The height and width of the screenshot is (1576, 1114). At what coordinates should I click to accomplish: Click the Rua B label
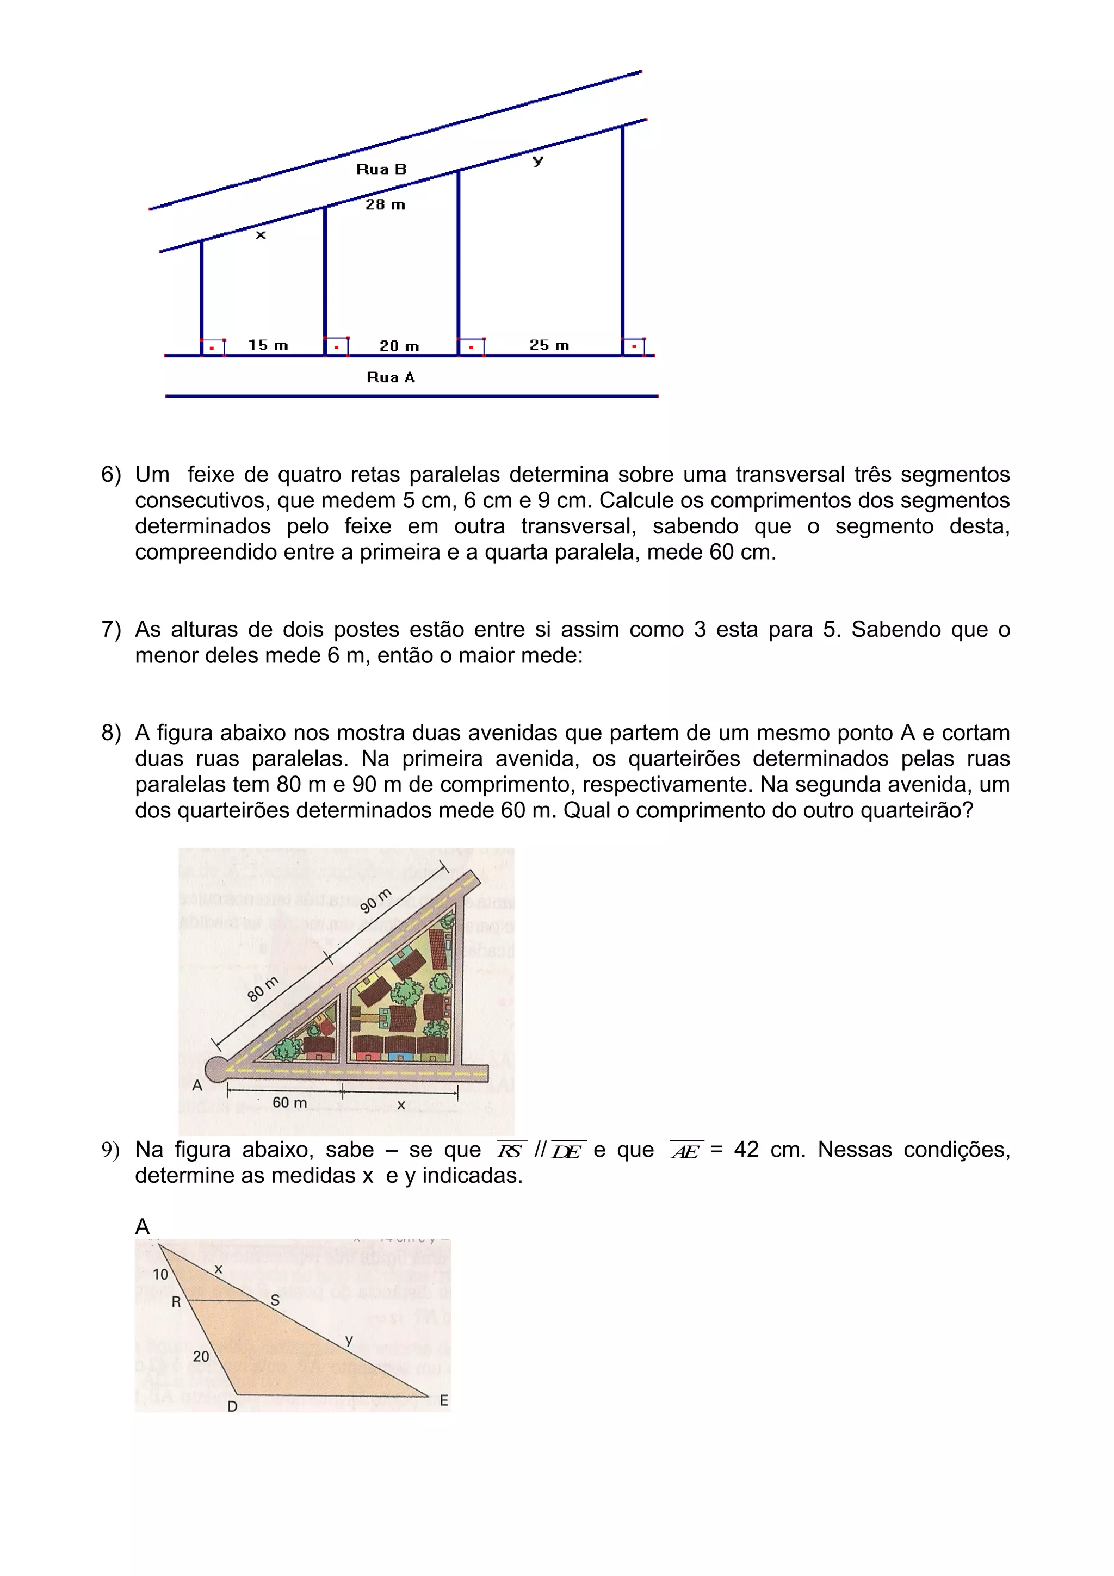point(381,169)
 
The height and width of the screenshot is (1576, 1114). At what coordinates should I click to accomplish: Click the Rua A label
point(391,377)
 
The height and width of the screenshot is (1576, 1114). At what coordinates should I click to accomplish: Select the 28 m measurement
point(385,204)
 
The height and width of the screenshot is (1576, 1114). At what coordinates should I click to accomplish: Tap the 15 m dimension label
point(268,345)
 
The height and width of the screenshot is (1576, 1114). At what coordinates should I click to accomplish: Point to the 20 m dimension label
point(399,346)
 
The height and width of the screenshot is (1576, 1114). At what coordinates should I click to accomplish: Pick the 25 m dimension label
point(549,345)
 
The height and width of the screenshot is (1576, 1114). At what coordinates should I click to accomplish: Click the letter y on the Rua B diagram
point(538,160)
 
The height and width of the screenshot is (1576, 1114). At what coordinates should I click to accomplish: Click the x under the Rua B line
point(260,235)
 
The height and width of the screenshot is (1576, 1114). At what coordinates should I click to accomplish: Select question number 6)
point(110,474)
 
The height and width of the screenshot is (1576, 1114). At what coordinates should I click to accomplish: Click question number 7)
point(110,629)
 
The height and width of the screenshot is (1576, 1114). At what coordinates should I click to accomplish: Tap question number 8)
point(110,733)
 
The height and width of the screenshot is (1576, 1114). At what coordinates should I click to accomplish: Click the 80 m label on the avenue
point(263,989)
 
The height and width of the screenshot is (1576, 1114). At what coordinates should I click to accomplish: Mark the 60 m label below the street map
point(290,1102)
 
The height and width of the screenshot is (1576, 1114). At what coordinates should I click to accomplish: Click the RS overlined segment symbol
point(510,1151)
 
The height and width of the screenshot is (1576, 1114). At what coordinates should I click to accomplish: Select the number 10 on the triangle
point(160,1274)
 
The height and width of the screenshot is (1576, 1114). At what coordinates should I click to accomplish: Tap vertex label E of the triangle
point(444,1400)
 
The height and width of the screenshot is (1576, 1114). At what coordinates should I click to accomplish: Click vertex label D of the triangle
point(232,1406)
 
